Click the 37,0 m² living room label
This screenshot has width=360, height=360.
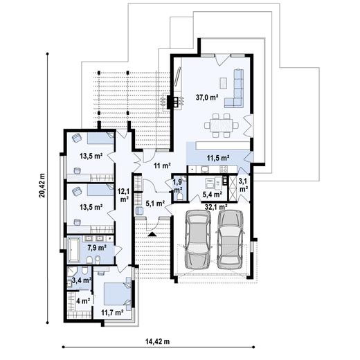tap(207, 98)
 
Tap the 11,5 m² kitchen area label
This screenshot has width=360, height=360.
tap(218, 158)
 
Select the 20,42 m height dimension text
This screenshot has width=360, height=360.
tap(42, 186)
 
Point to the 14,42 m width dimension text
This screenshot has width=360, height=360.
tap(158, 341)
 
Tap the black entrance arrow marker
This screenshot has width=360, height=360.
tap(152, 234)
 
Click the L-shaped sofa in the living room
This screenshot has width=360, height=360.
tap(235, 88)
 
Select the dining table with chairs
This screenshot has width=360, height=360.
tap(222, 125)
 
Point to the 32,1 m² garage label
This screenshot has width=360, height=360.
tap(216, 206)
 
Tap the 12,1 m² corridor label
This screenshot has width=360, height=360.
tap(124, 195)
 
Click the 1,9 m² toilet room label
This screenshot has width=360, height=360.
tap(178, 186)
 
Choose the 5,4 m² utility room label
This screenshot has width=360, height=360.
tap(213, 195)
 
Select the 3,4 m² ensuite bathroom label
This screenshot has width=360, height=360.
tap(82, 280)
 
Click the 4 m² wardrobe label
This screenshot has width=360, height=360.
tap(83, 301)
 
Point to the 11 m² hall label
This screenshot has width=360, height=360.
tap(163, 165)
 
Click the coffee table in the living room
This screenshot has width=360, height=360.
tap(224, 83)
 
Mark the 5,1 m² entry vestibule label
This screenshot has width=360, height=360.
tap(155, 204)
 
